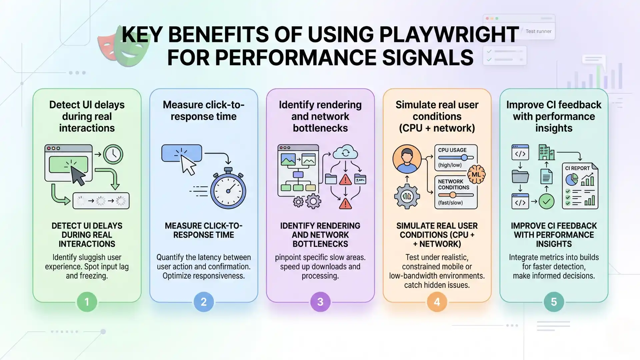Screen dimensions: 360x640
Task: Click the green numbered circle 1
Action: [87, 302]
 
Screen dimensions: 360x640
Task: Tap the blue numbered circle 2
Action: [203, 302]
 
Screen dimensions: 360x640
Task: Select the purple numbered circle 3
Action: [320, 302]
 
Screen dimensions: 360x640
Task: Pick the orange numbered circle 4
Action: [437, 302]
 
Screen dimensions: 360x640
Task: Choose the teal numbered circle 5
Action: [554, 302]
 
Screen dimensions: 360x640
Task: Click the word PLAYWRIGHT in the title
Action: [449, 34]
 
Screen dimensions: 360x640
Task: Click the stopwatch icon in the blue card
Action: [228, 189]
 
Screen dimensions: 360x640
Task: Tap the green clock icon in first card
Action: [113, 154]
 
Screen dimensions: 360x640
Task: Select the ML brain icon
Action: [476, 174]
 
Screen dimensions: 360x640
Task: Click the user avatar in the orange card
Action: [407, 159]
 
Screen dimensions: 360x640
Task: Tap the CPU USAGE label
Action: [452, 150]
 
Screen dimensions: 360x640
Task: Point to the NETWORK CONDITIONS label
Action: [453, 184]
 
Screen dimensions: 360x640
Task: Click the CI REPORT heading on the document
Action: [577, 168]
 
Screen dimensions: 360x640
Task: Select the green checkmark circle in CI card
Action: [546, 201]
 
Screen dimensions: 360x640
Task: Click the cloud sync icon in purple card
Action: [345, 153]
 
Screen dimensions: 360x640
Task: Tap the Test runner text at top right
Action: [538, 31]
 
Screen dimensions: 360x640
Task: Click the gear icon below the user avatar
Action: [407, 197]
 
